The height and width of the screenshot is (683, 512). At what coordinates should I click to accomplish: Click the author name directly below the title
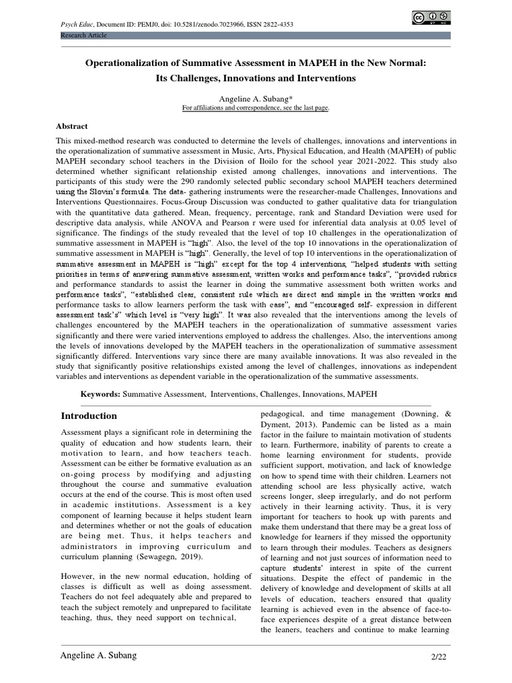pyautogui.click(x=256, y=98)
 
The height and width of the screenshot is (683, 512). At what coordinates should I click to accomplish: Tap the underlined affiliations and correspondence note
pyautogui.click(x=256, y=107)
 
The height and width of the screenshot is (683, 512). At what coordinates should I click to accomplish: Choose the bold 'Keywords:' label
pyautogui.click(x=101, y=394)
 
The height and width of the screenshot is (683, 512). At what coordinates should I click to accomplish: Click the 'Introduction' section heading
pyautogui.click(x=89, y=416)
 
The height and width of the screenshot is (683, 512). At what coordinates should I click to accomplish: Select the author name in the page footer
pyautogui.click(x=99, y=656)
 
